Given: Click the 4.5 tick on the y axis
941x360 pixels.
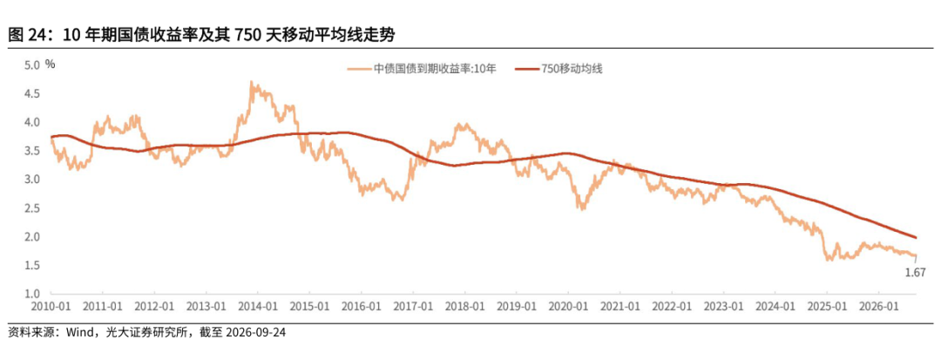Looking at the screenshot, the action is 32,93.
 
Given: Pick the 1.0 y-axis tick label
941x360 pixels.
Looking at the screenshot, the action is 32,294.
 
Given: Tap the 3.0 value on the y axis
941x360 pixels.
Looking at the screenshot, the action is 32,180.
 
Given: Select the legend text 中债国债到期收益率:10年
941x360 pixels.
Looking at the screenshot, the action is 436,69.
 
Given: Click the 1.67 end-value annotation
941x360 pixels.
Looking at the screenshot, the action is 916,273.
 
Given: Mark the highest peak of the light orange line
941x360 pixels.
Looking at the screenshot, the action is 251,82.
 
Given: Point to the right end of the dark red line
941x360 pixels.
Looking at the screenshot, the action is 916,238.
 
